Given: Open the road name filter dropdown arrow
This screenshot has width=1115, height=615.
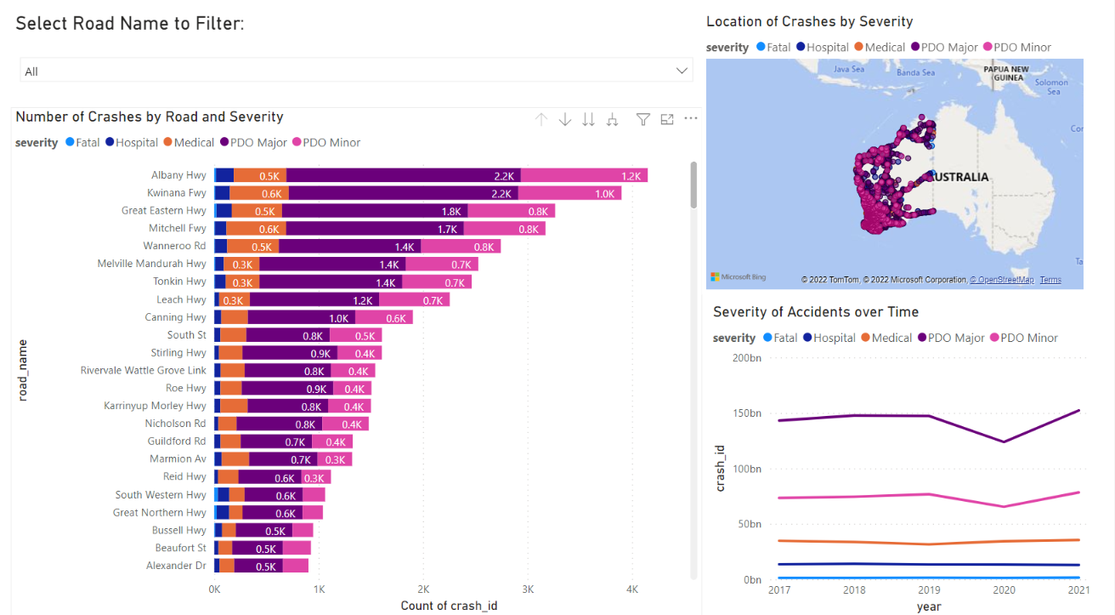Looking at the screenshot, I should [681, 71].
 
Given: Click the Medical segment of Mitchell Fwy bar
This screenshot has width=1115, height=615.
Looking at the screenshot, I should [256, 229].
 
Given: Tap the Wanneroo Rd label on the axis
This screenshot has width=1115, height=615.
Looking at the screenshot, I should [174, 247].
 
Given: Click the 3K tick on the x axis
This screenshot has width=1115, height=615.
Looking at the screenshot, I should [528, 589].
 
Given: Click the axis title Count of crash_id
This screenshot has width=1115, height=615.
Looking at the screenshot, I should [449, 606].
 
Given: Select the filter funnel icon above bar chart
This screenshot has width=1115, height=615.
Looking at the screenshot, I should [643, 120].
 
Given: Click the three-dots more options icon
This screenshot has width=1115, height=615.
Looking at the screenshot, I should [690, 119].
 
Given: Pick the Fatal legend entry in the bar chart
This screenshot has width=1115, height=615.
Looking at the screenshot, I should [82, 143].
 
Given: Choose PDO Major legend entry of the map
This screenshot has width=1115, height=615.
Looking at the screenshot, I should [945, 48].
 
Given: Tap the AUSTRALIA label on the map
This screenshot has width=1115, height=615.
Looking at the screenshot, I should [962, 177].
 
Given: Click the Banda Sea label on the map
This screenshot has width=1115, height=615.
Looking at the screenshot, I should [915, 72].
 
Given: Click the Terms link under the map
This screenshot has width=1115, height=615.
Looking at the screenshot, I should [1050, 280].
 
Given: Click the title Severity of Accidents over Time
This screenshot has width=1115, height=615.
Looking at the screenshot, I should [815, 312].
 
